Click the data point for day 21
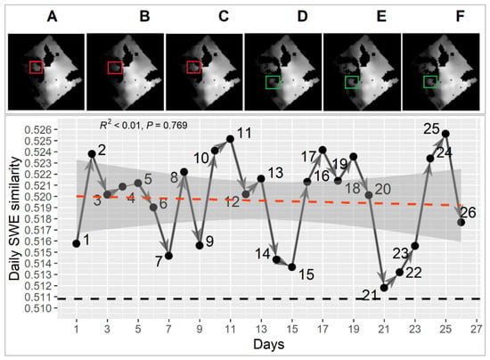(x=384, y=288)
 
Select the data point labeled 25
(x=445, y=134)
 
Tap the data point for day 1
(x=77, y=244)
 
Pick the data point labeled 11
(x=230, y=139)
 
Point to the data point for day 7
(x=168, y=256)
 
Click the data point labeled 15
(x=292, y=267)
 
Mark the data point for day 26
(x=461, y=222)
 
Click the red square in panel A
(x=37, y=68)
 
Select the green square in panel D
(x=274, y=82)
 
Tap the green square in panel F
(x=430, y=82)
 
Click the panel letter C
(x=224, y=16)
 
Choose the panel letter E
(x=381, y=16)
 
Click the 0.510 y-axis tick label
(x=37, y=308)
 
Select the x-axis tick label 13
(x=261, y=329)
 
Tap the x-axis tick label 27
(x=477, y=329)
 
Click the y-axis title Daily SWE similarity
(x=14, y=218)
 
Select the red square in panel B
(x=115, y=68)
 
